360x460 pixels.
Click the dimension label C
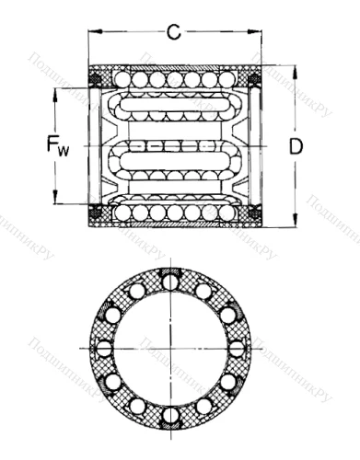click(172, 33)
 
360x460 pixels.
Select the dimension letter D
click(296, 145)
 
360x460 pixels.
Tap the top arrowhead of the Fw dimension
click(56, 92)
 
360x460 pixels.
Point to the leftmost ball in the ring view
click(103, 348)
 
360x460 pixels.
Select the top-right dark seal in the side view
click(256, 82)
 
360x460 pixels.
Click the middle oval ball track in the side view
click(175, 146)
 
